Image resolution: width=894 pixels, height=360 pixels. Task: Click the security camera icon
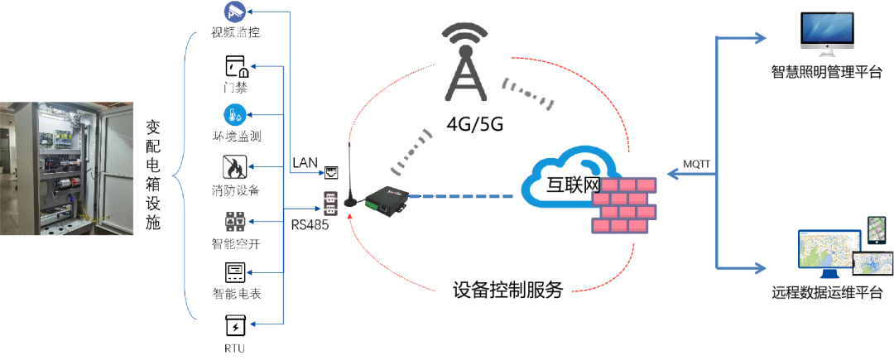point(235,12)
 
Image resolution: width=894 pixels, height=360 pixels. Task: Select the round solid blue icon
point(235,115)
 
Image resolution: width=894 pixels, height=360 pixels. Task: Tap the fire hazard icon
point(234,168)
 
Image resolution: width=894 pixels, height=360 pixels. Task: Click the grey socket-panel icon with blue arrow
point(235,222)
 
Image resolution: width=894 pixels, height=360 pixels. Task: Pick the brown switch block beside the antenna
point(330,204)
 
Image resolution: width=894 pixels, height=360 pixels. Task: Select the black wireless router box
point(387,199)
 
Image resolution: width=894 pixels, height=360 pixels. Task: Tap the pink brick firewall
point(623,204)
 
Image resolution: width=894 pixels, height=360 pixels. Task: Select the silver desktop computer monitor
point(827,33)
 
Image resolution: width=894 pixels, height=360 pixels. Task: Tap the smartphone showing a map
point(877,231)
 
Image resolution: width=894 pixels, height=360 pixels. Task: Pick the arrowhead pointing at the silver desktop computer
point(759,37)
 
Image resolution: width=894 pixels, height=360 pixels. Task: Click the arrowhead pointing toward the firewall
point(672,174)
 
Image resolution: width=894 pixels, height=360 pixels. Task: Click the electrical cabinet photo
point(66,169)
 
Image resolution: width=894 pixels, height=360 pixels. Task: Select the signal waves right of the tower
point(527,93)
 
